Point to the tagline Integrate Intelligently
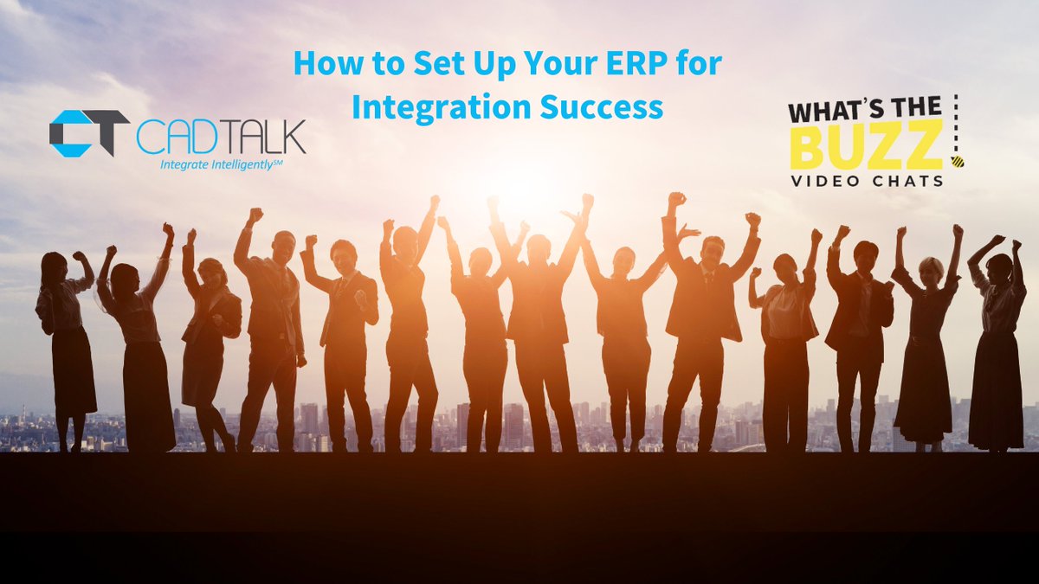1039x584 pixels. pyautogui.click(x=222, y=164)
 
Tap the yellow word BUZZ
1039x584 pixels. pyautogui.click(x=866, y=146)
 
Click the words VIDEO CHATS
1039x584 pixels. pyautogui.click(x=866, y=181)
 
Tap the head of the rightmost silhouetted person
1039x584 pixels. pyautogui.click(x=999, y=262)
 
